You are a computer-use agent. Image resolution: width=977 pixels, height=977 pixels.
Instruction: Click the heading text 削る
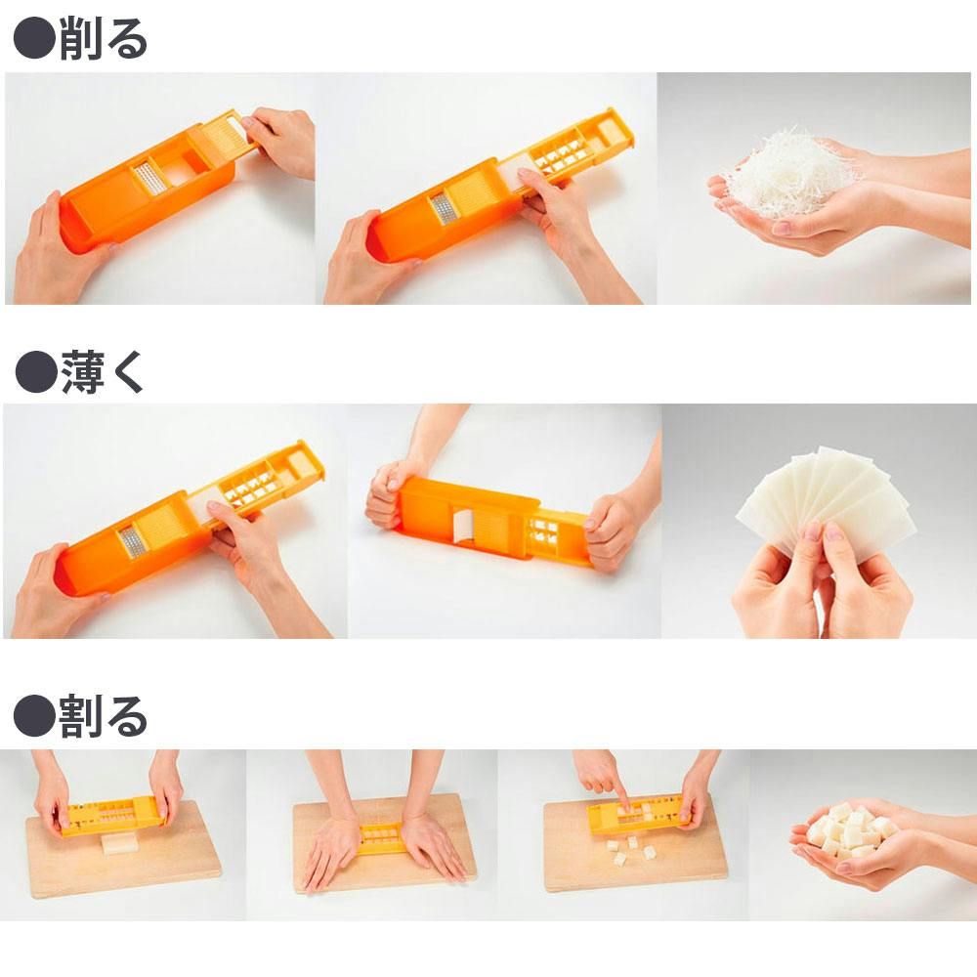[x=104, y=39]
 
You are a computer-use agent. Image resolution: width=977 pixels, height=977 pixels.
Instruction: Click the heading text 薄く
[x=103, y=372]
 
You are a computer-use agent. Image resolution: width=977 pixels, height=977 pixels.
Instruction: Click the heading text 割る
[x=103, y=716]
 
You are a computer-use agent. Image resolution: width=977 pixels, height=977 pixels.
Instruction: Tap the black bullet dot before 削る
[x=35, y=39]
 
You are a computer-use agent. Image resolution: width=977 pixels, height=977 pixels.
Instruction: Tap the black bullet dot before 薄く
[x=36, y=372]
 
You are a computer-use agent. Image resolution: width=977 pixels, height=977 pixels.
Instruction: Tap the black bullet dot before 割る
[x=35, y=716]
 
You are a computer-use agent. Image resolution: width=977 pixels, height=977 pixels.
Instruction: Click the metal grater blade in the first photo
[x=150, y=179]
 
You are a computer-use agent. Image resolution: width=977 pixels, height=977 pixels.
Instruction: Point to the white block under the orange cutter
[x=120, y=842]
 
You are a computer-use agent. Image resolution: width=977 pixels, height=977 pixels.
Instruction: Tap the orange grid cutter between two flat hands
[x=381, y=837]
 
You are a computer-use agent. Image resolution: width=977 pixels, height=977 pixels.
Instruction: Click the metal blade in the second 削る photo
[x=443, y=208]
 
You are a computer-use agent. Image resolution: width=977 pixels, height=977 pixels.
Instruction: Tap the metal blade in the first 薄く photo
[x=132, y=542]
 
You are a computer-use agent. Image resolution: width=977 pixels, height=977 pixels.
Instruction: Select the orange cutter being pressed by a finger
[x=639, y=811]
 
